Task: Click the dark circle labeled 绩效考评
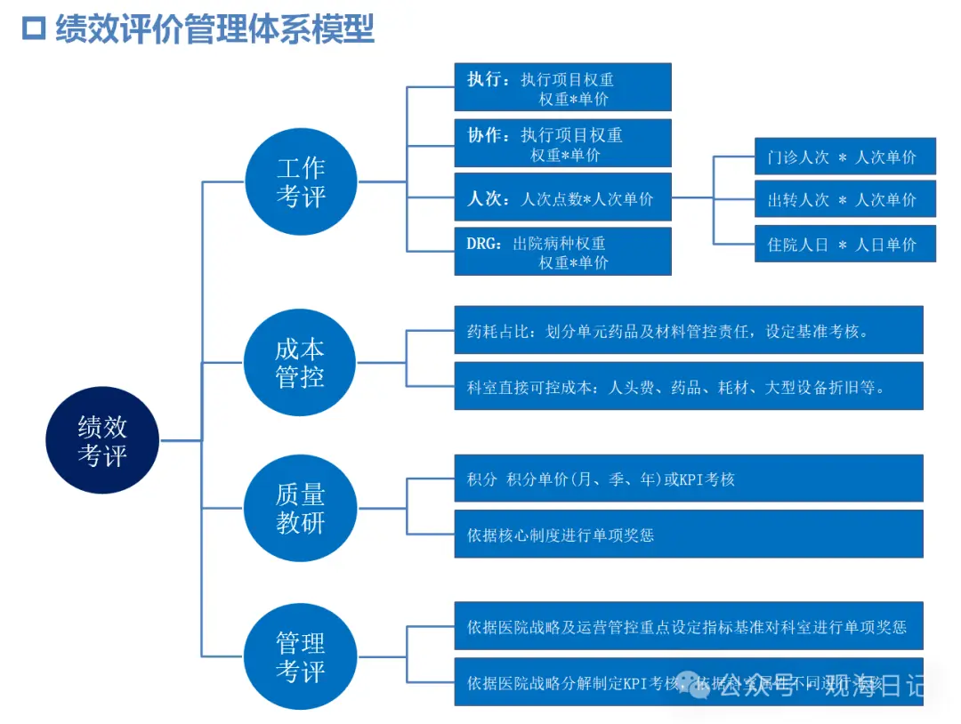pos(102,440)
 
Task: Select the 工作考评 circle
pos(301,181)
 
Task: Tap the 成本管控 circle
pos(301,362)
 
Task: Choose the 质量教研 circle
pos(301,508)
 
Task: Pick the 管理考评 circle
pos(301,656)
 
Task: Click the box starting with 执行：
pos(562,87)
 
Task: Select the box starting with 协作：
pos(562,143)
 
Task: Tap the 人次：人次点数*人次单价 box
pos(562,198)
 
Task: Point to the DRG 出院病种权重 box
pos(562,252)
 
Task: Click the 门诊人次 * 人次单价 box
pos(844,157)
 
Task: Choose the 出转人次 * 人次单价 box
pos(844,199)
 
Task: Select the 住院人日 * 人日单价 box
pos(844,244)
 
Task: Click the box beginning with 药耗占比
pos(688,331)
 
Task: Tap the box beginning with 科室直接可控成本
pos(688,386)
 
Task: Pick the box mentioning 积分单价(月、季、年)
pos(688,479)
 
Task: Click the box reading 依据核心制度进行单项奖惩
pos(688,535)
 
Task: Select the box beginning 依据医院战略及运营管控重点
pos(688,626)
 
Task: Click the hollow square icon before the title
pos(34,28)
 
